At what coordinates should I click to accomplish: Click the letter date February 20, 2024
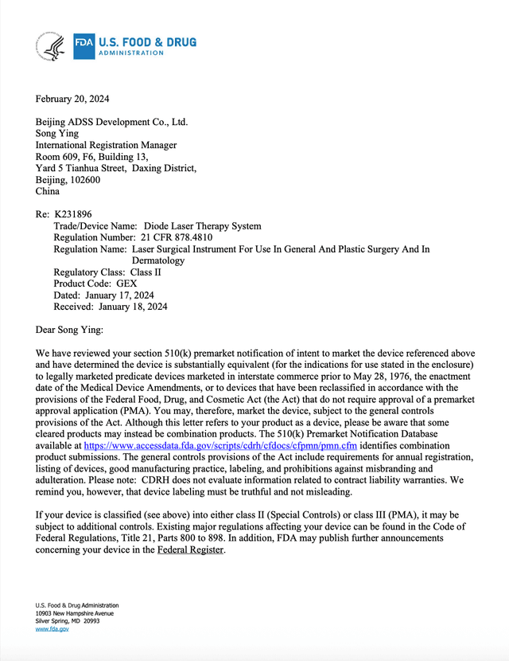(x=72, y=99)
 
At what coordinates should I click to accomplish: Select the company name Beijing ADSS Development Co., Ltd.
(x=111, y=122)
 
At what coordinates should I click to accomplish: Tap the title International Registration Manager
(x=106, y=145)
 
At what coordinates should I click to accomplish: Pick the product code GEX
(x=127, y=284)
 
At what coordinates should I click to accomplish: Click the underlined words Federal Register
(x=191, y=550)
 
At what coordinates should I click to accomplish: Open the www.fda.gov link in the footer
(x=52, y=629)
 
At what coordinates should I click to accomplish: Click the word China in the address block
(x=48, y=191)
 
